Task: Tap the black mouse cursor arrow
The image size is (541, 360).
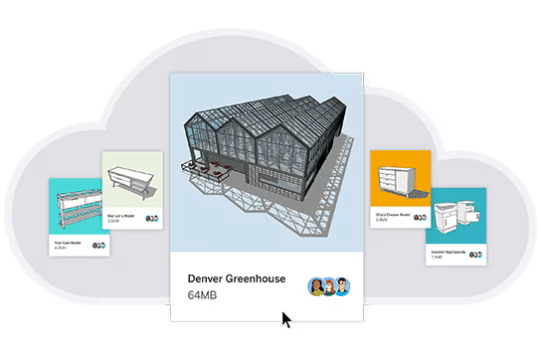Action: [286, 319]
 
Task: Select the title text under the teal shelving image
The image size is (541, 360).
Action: [66, 241]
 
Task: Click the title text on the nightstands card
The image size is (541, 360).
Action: [449, 249]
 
